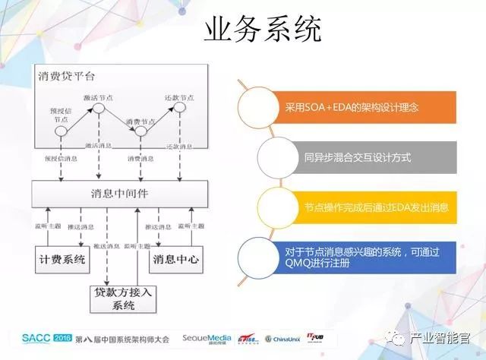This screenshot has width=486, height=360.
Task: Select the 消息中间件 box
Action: (x=121, y=193)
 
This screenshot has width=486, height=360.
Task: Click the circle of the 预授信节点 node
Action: (x=62, y=132)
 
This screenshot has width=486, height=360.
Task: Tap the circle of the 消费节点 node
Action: (x=140, y=132)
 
